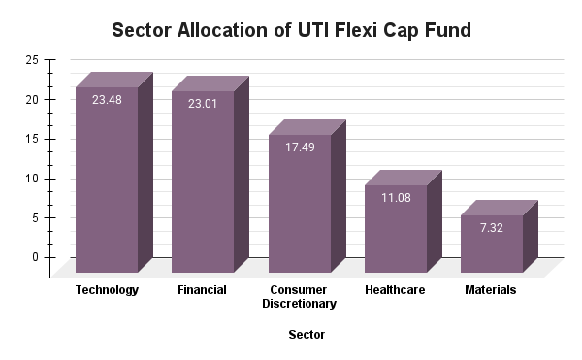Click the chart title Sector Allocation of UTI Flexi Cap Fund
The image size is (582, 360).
coord(291,30)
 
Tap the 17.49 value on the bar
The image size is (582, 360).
coord(299,146)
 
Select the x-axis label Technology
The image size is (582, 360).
coord(107,290)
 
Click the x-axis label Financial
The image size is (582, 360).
coord(203,290)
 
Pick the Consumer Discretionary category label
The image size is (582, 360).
coord(299,297)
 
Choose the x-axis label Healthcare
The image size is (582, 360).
coord(395,290)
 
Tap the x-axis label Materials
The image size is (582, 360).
coord(491,290)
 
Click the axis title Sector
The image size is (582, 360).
coord(307,335)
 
